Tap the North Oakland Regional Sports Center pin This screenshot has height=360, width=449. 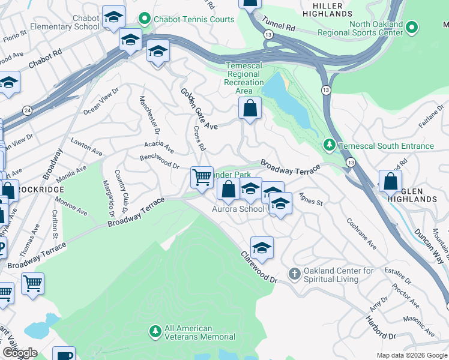(x=412, y=28)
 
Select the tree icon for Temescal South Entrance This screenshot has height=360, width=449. (x=329, y=145)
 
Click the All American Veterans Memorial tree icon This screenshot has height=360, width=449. (x=155, y=332)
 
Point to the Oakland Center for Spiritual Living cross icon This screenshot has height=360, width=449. (x=294, y=274)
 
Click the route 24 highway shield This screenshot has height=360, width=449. (x=28, y=110)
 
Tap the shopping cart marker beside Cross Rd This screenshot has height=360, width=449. (x=202, y=177)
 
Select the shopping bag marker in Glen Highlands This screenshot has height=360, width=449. (x=391, y=182)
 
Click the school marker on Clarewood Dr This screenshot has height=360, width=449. (x=262, y=247)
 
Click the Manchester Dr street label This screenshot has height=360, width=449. (x=149, y=115)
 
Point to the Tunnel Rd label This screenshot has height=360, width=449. (x=281, y=27)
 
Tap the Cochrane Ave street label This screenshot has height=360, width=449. (x=361, y=233)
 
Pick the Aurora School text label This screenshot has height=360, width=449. (x=238, y=209)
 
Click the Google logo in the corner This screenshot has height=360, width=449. (x=20, y=353)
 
